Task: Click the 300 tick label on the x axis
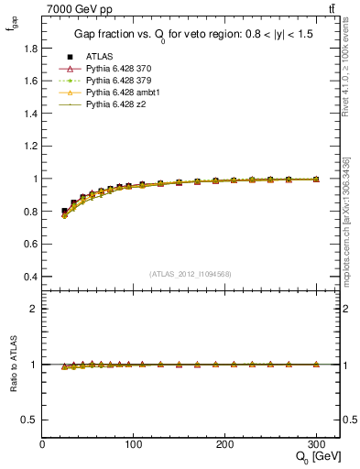[x=316, y=444]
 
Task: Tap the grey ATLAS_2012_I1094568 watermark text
[x=191, y=273]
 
